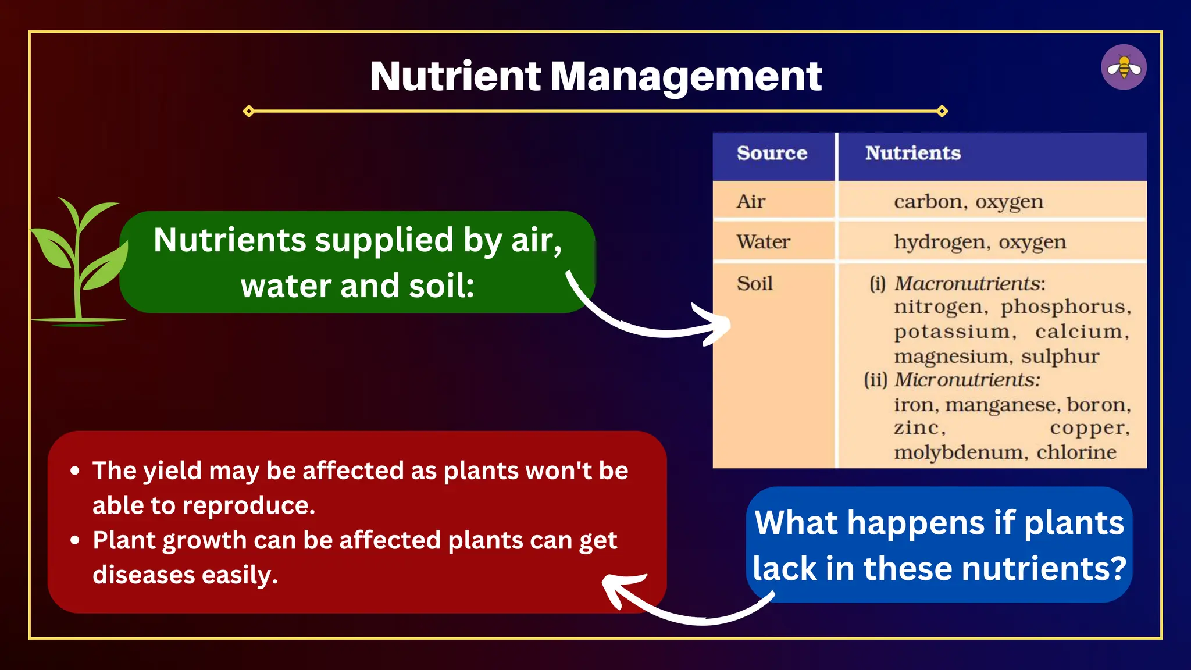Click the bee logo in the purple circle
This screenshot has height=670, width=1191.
pos(1124,67)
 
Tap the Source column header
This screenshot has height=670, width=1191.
pos(772,153)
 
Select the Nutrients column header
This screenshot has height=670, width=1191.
pos(912,153)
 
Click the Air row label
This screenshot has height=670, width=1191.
pos(751,202)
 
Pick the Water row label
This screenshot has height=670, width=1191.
pos(763,242)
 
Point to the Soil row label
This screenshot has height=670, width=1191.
pos(754,284)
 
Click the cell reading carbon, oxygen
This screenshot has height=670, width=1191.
pos(968,202)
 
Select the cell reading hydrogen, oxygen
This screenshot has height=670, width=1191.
pos(980,243)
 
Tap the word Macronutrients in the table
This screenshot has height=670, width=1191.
pos(969,284)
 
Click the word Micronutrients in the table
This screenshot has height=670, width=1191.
pos(967,380)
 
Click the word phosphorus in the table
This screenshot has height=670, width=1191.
pos(1065,307)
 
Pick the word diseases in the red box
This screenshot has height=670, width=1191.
pos(143,575)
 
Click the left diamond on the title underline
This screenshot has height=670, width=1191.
pos(249,111)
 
